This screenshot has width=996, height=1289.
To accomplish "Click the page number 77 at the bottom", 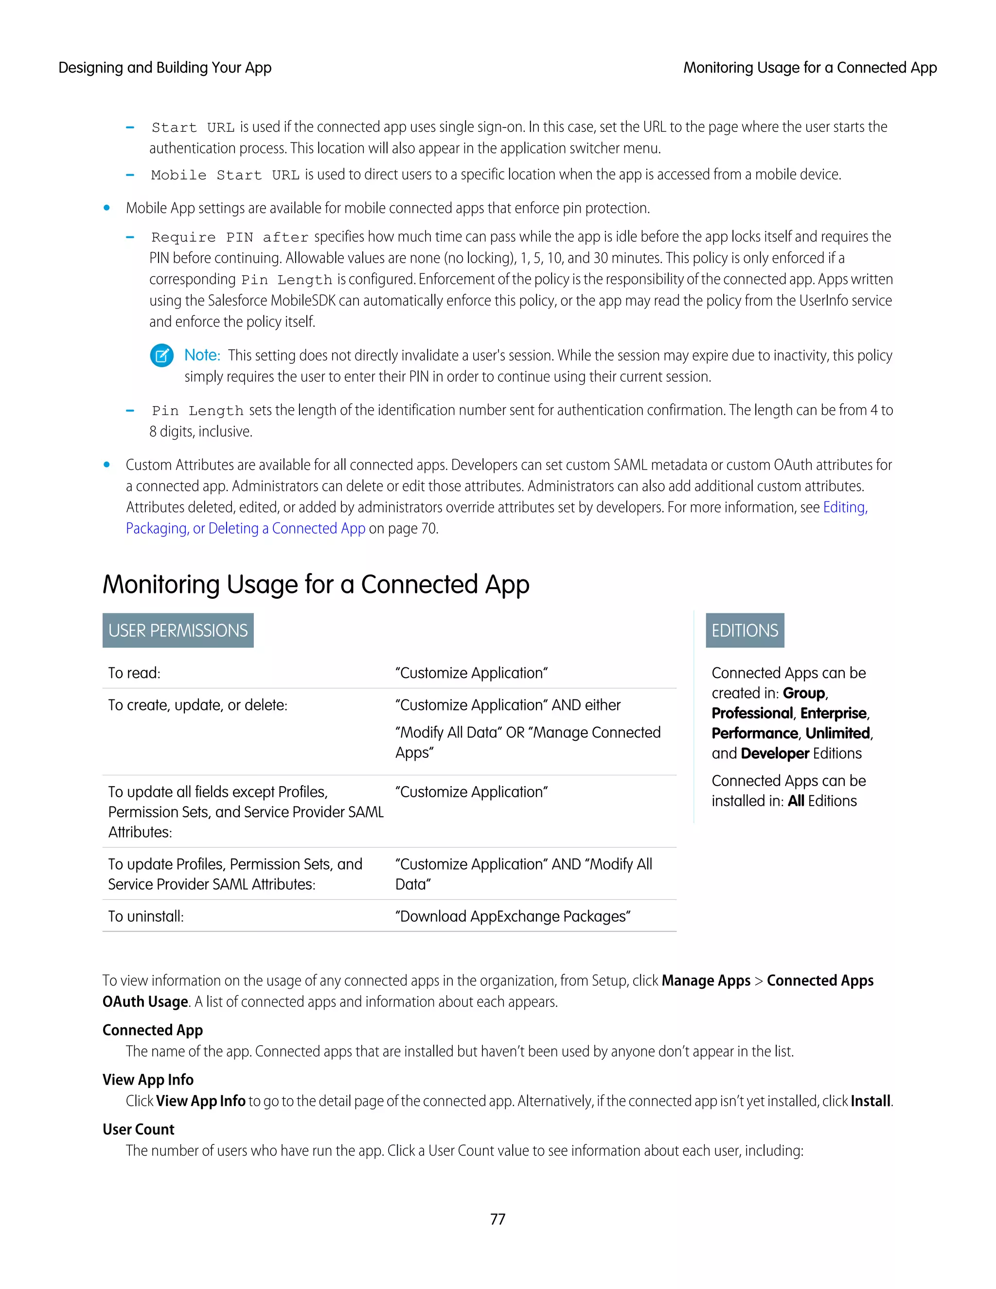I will tap(498, 1219).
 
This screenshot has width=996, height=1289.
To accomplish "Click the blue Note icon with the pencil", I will tap(161, 355).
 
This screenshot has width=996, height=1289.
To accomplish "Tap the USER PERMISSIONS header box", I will tap(178, 630).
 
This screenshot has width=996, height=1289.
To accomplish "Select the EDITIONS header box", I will tap(745, 630).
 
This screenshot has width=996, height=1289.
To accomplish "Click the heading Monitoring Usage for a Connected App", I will tap(316, 584).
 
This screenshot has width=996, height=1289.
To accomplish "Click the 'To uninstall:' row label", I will tap(146, 916).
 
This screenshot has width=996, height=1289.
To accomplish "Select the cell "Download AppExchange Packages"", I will tap(513, 916).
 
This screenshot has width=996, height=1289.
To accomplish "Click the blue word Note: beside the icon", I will tap(202, 355).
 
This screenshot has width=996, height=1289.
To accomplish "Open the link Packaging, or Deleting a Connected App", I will tap(246, 528).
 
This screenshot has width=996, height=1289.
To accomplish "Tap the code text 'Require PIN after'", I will tap(230, 237).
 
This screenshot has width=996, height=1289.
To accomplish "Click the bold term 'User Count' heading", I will tap(139, 1129).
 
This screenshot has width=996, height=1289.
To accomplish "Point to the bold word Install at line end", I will tap(870, 1101).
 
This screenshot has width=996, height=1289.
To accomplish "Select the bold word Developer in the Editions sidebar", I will tap(775, 753).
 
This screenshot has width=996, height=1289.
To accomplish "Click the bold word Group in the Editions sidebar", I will tap(803, 693).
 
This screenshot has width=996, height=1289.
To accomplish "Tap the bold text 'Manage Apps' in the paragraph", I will tap(706, 980).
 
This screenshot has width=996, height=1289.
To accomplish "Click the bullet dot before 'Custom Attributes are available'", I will tap(107, 465).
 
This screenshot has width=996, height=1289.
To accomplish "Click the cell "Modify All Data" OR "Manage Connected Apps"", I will tap(528, 742).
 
